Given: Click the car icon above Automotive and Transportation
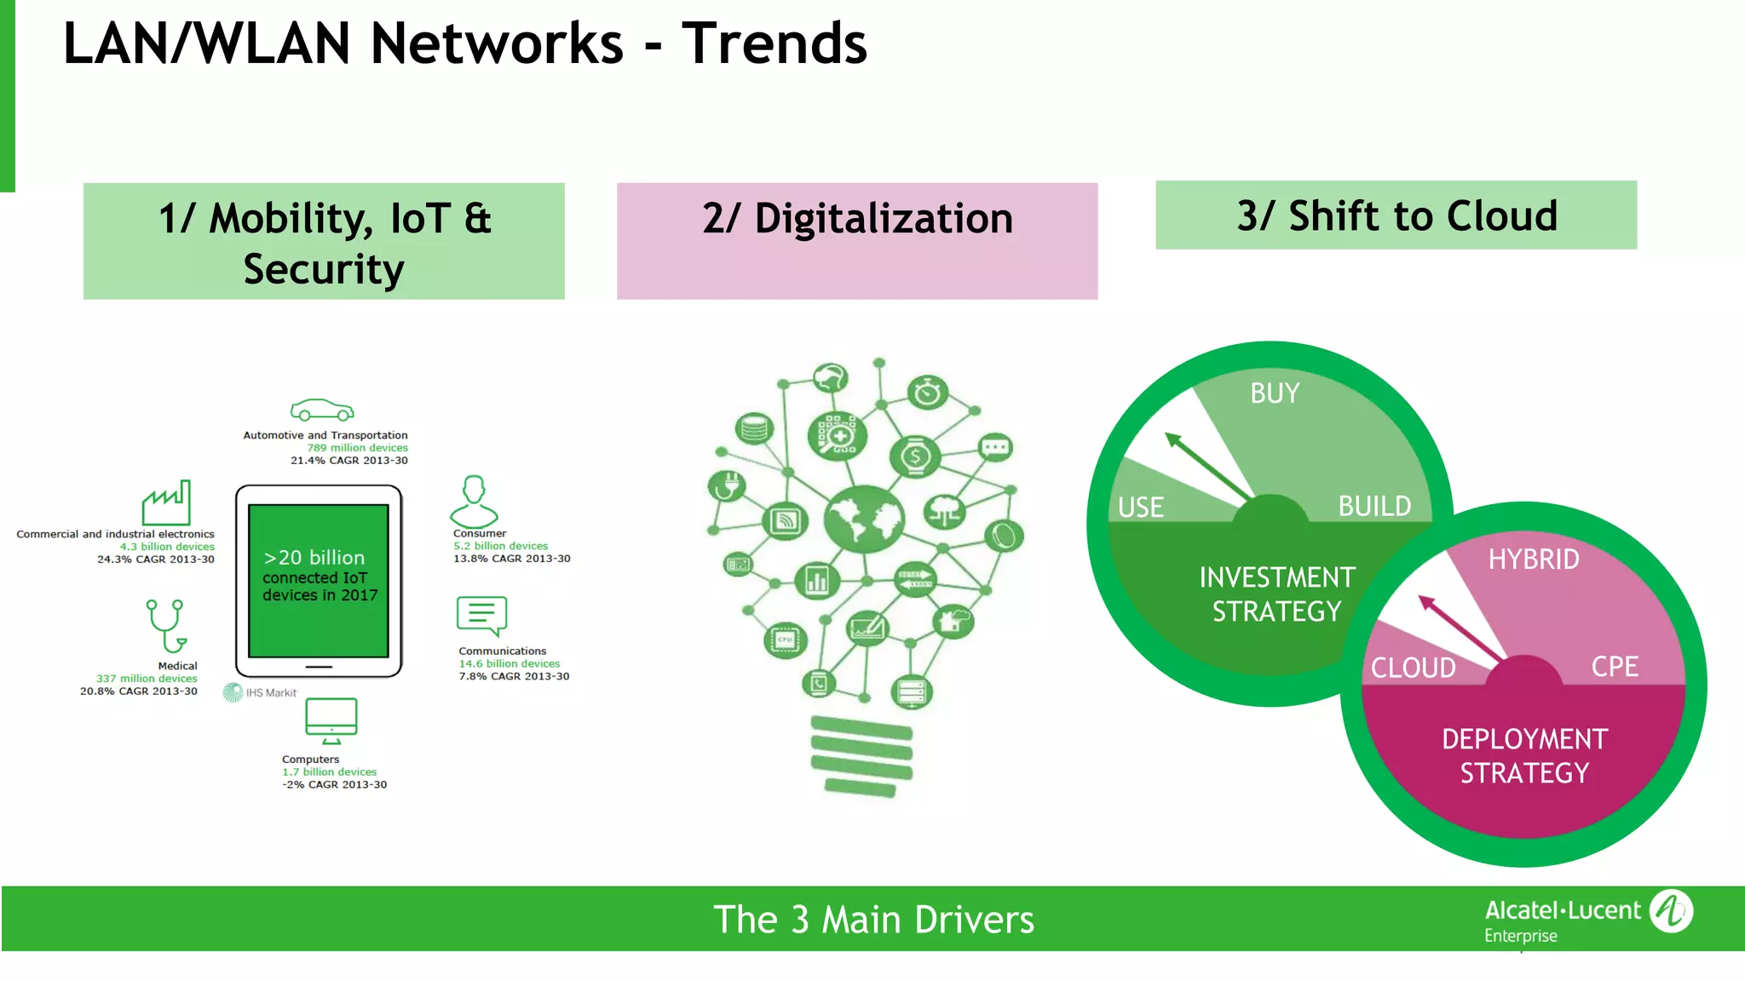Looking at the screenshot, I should point(321,410).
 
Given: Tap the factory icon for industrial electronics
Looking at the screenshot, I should point(166,503).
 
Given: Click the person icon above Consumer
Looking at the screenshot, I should point(474,502).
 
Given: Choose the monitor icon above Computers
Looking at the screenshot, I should point(331,720).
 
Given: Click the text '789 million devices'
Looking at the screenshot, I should point(357,448).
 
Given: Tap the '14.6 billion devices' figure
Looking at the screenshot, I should point(510,663).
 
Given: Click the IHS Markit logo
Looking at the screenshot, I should point(260,692).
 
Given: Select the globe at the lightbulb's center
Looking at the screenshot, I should point(863,519).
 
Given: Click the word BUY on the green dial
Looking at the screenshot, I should point(1275,393).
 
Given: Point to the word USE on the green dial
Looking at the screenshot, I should point(1140,508).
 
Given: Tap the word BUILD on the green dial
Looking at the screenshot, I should point(1374,506).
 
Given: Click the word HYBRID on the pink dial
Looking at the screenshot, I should point(1534,559).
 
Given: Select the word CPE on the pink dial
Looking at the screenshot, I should point(1615,666).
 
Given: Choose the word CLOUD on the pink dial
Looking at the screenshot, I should point(1413,668).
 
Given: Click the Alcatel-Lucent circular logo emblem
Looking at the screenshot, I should point(1671,911).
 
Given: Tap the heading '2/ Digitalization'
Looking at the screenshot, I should point(857,219).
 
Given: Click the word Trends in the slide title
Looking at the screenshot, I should point(774,44).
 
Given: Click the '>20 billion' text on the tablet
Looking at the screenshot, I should point(314,558).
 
